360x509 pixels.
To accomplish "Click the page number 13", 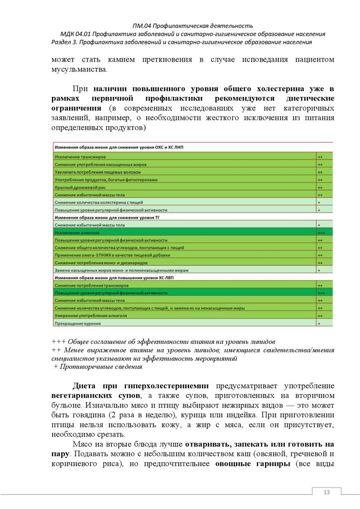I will click(x=327, y=492).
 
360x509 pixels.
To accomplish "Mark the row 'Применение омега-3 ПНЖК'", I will click(x=104, y=255).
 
